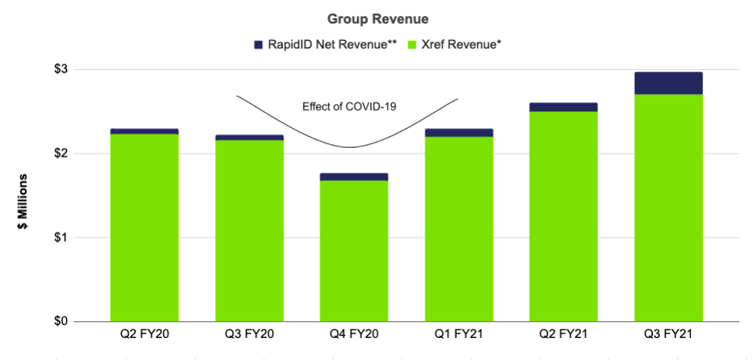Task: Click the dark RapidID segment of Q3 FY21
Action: coord(669,83)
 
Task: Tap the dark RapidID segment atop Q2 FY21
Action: coord(564,107)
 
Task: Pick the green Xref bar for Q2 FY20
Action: coord(144,228)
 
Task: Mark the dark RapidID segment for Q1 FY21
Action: coord(459,133)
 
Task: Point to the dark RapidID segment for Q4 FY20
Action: coord(354,177)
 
